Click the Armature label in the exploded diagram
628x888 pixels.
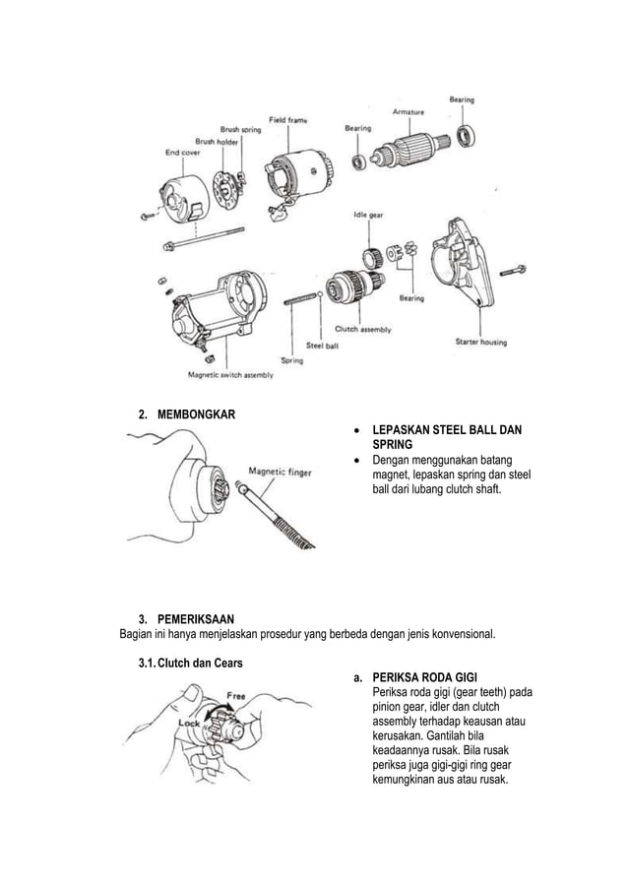click(408, 112)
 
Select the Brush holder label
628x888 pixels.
click(216, 141)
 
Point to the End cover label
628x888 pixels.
click(182, 152)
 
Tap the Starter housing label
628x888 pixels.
click(480, 342)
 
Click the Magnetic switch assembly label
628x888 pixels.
click(230, 374)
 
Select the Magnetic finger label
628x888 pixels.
click(281, 472)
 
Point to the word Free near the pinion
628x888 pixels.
click(236, 695)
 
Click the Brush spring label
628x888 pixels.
click(241, 129)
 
